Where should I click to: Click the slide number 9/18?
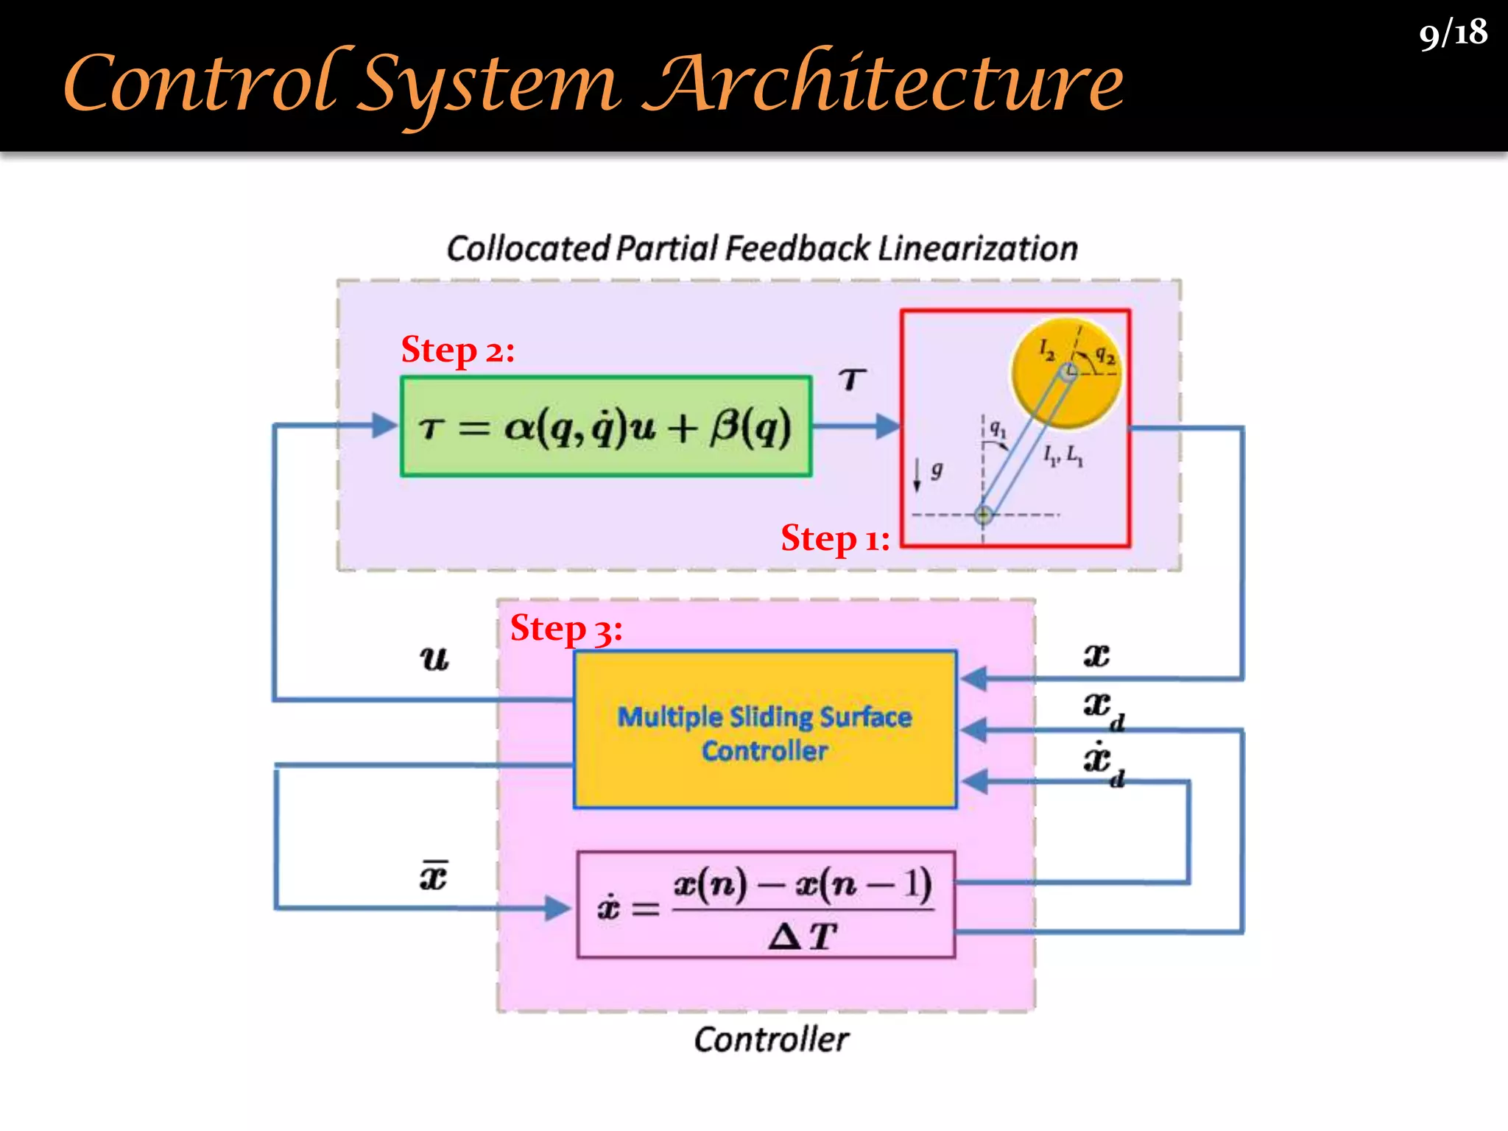point(1453,34)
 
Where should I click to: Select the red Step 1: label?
point(835,538)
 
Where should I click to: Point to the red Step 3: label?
point(566,629)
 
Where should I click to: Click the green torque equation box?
point(606,427)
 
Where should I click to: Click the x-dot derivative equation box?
point(766,905)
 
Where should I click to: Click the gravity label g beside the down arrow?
point(937,469)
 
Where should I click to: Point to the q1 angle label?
point(997,428)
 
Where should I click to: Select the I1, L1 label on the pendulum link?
point(1063,456)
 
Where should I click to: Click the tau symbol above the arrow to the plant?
point(852,379)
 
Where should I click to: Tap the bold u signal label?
point(434,658)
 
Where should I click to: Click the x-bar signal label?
point(434,876)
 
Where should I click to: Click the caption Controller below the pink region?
point(771,1040)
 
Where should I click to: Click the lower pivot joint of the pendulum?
point(983,515)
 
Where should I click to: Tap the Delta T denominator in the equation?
point(803,937)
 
